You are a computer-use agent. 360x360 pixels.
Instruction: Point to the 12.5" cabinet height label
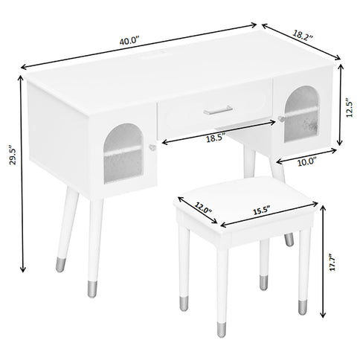tap(350, 108)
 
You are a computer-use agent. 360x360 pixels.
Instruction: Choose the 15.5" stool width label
tap(259, 211)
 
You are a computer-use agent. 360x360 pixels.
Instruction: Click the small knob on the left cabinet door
tap(152, 148)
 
